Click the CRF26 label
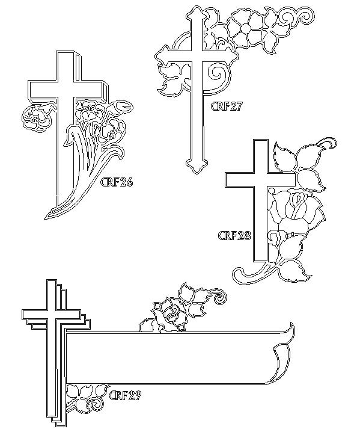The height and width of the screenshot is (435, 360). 117,182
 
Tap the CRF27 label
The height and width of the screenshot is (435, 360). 227,106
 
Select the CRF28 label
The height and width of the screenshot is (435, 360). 234,236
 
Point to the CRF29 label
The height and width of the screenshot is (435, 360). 125,395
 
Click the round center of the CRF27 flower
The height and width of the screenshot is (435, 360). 245,28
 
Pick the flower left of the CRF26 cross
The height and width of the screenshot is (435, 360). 37,117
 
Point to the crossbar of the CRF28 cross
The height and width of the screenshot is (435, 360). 260,179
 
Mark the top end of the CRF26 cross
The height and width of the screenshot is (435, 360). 66,52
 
